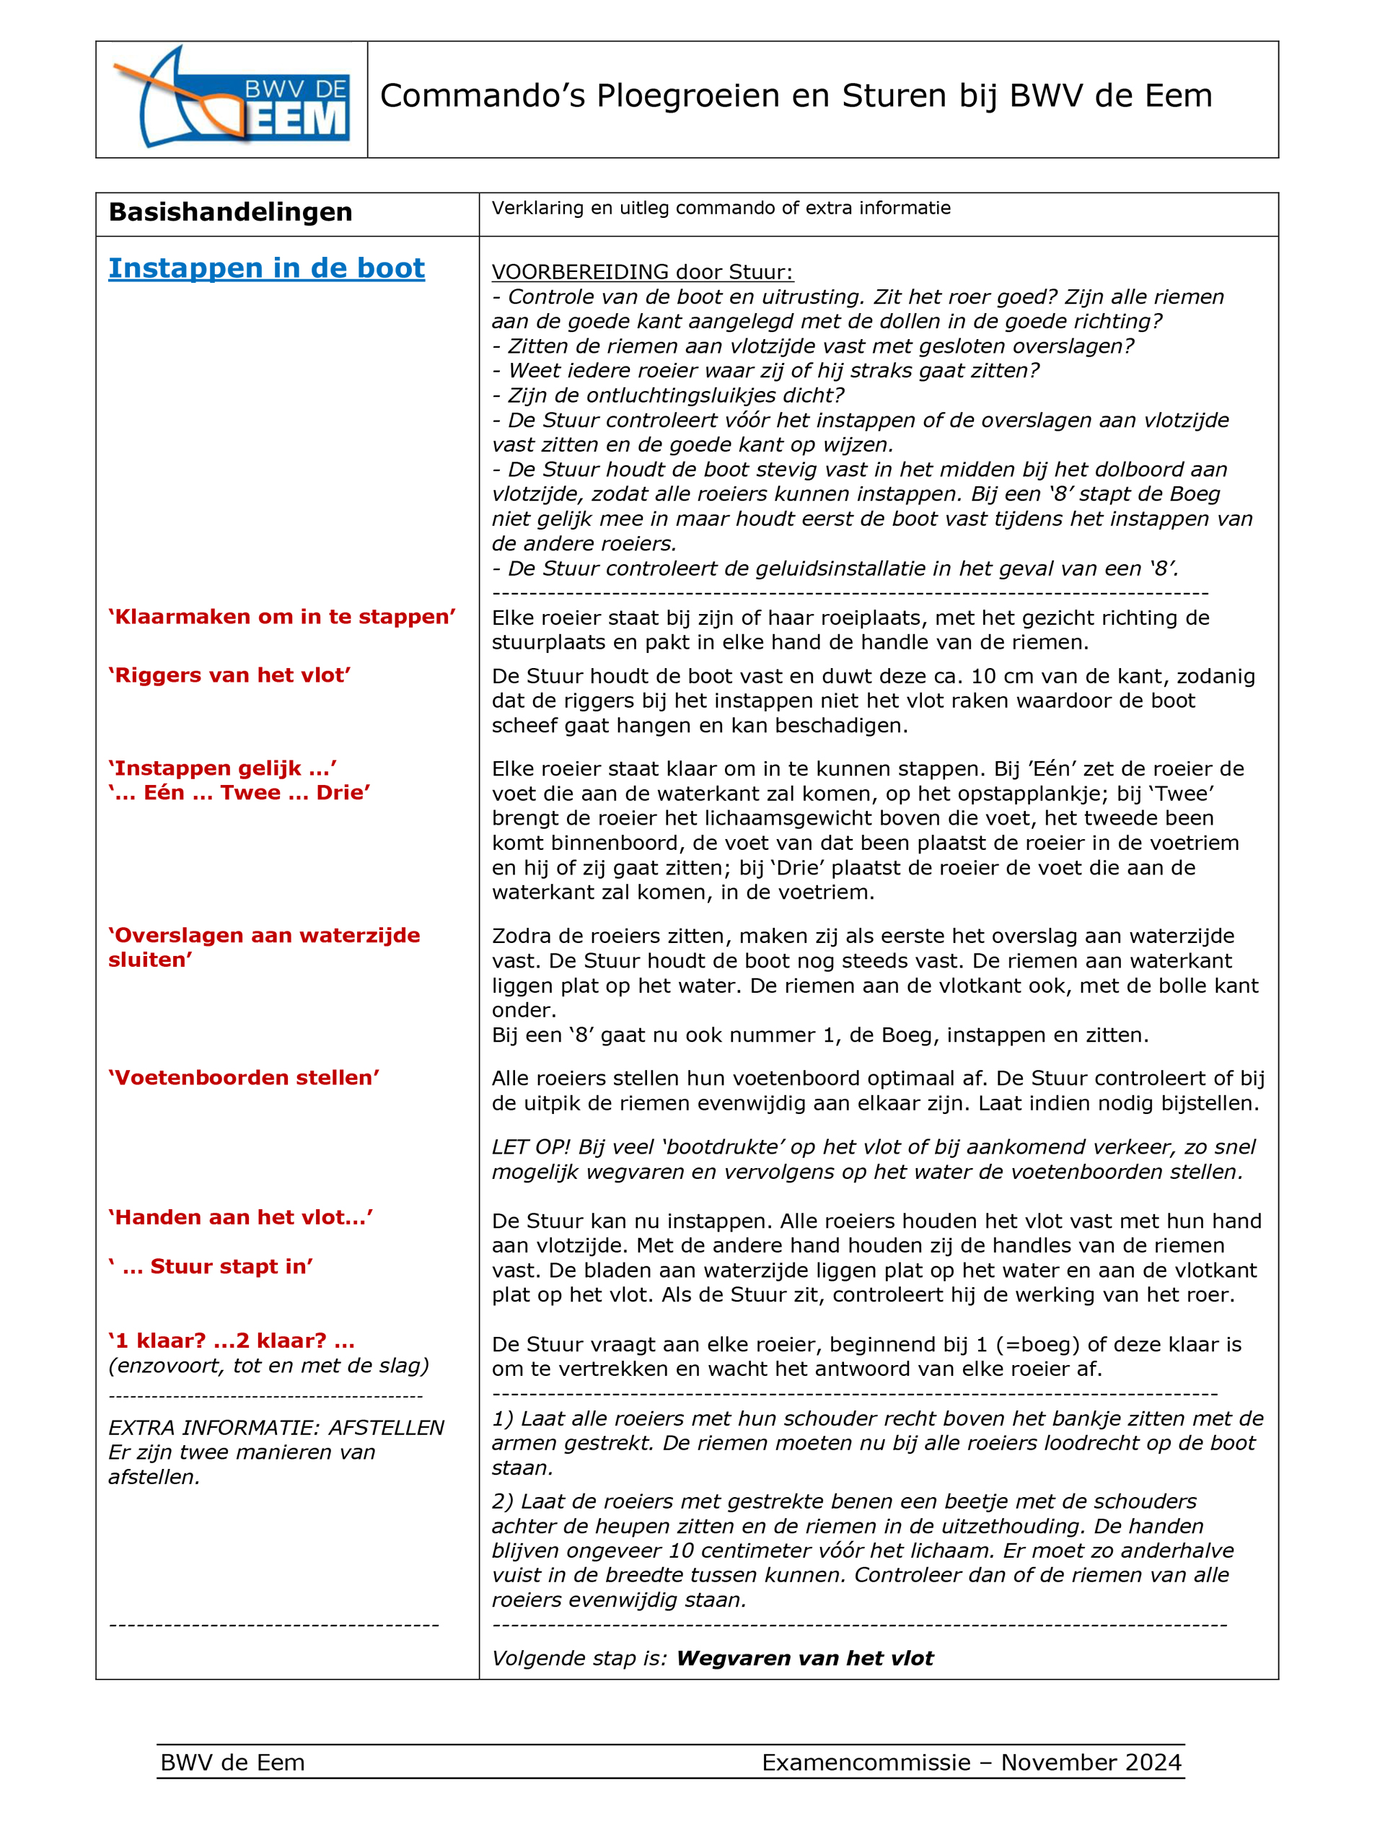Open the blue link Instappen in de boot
pyautogui.click(x=266, y=268)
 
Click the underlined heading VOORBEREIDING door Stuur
pyautogui.click(x=642, y=271)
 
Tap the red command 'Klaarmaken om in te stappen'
pyautogui.click(x=281, y=617)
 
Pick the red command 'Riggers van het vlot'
pyautogui.click(x=229, y=675)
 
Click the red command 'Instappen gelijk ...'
pyautogui.click(x=222, y=768)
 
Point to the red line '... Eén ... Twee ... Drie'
pyautogui.click(x=239, y=792)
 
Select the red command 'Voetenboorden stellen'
pyautogui.click(x=244, y=1078)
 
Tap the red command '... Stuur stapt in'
pyautogui.click(x=211, y=1267)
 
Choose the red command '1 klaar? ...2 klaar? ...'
pyautogui.click(x=232, y=1341)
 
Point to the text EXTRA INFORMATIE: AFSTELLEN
pyautogui.click(x=276, y=1428)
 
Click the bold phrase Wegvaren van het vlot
pyautogui.click(x=804, y=1658)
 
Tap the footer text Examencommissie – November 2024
pyautogui.click(x=971, y=1763)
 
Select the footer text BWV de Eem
pyautogui.click(x=232, y=1763)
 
